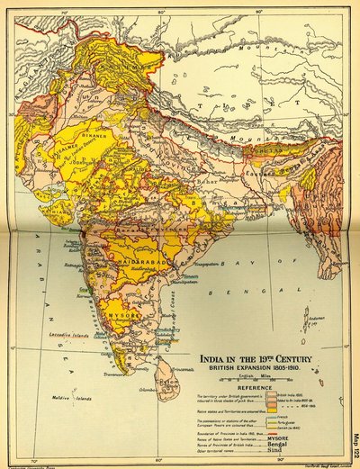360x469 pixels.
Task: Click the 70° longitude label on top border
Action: (62, 12)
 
